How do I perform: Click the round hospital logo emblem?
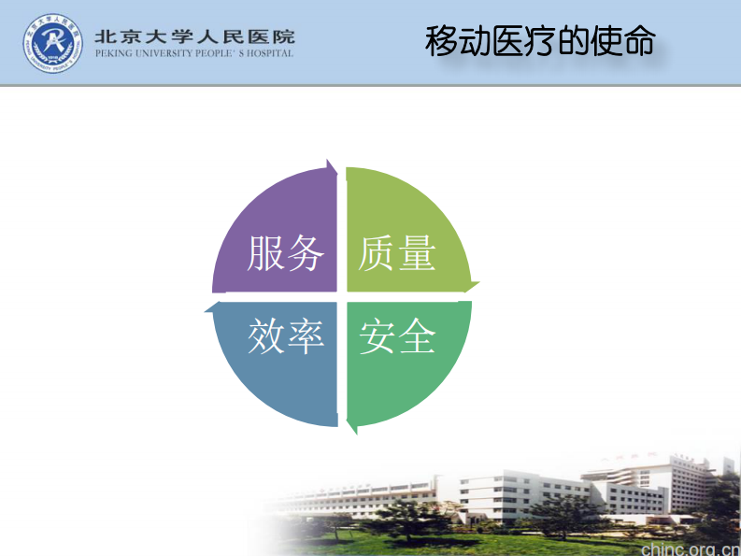pyautogui.click(x=53, y=42)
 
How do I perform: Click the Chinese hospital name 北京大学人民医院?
pyautogui.click(x=194, y=36)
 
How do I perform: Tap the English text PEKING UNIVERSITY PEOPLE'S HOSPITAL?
pyautogui.click(x=194, y=53)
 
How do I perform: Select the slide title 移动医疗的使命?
pyautogui.click(x=540, y=41)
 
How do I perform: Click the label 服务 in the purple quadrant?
pyautogui.click(x=286, y=252)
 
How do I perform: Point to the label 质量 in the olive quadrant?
pyautogui.click(x=398, y=252)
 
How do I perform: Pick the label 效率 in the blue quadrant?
pyautogui.click(x=286, y=335)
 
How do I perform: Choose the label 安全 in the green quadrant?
pyautogui.click(x=398, y=335)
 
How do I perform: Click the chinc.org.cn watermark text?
pyautogui.click(x=689, y=547)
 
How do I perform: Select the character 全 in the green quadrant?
pyautogui.click(x=418, y=335)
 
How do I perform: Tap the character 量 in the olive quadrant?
pyautogui.click(x=418, y=252)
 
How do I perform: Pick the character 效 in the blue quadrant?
pyautogui.click(x=266, y=335)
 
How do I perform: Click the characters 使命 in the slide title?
pyautogui.click(x=623, y=41)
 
